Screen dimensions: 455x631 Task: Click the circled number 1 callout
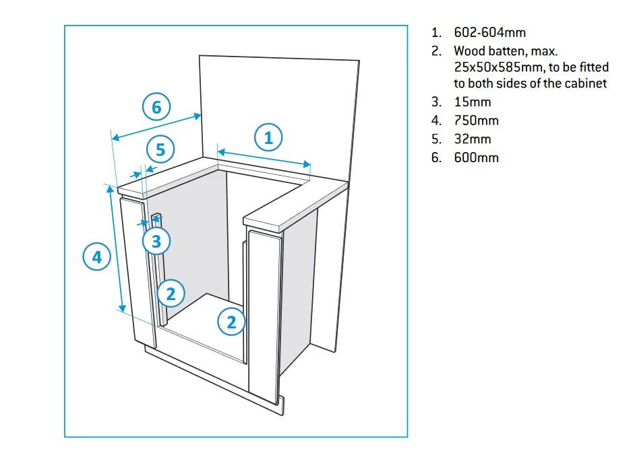(268, 138)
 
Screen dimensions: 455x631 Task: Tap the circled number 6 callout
(156, 107)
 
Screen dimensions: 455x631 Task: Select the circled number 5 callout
(160, 149)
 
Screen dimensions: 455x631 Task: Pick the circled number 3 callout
(156, 240)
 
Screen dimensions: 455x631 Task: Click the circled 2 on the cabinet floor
(231, 322)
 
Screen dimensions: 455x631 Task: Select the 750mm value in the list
(477, 120)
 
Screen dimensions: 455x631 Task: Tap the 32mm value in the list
(473, 139)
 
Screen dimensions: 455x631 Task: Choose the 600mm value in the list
(477, 157)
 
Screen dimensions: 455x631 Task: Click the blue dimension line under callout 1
(264, 154)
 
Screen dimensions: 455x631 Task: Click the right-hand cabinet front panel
(265, 313)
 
